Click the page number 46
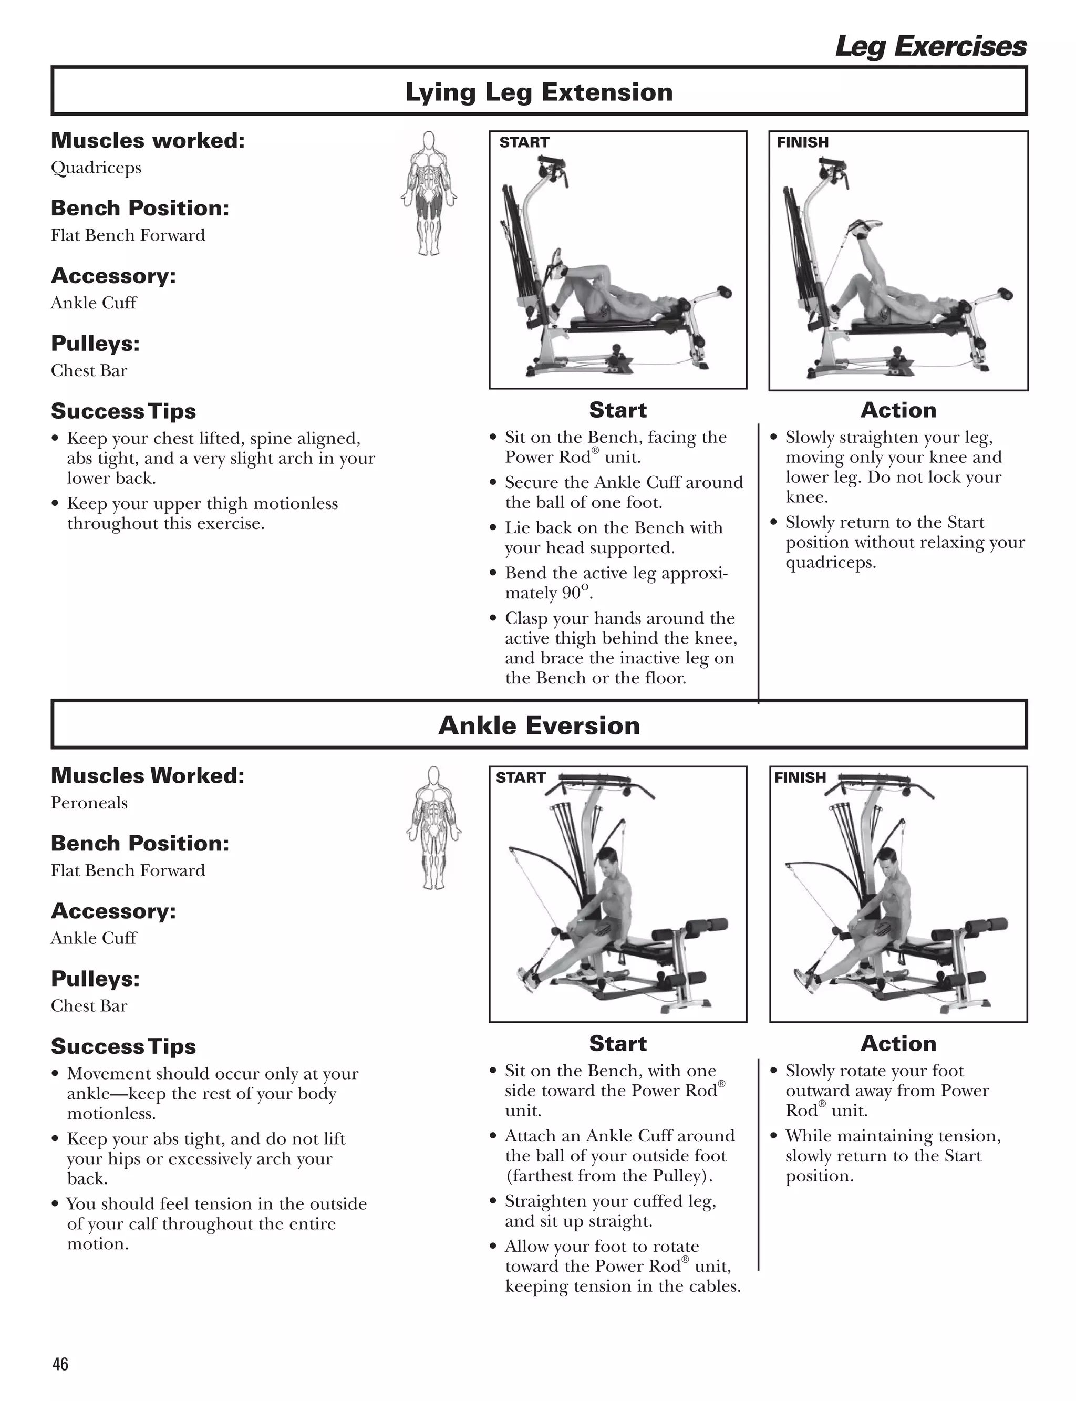(x=60, y=1364)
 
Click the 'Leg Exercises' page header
(x=930, y=47)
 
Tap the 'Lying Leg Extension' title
(x=539, y=92)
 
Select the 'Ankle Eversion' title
(x=539, y=725)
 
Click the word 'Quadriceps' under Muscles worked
(x=96, y=168)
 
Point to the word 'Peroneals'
(x=89, y=803)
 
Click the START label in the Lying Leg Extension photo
(x=524, y=142)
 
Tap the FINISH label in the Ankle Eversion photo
(x=800, y=777)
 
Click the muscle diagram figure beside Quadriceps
(x=429, y=193)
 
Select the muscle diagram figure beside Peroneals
(x=433, y=827)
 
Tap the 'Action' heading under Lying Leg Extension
(x=898, y=410)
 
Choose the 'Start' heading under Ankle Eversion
(x=617, y=1043)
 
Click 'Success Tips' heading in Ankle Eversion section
(x=123, y=1046)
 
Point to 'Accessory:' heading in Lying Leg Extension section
(x=113, y=276)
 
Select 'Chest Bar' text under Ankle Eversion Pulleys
(x=89, y=1006)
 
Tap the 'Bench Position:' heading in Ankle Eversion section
(x=140, y=843)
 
